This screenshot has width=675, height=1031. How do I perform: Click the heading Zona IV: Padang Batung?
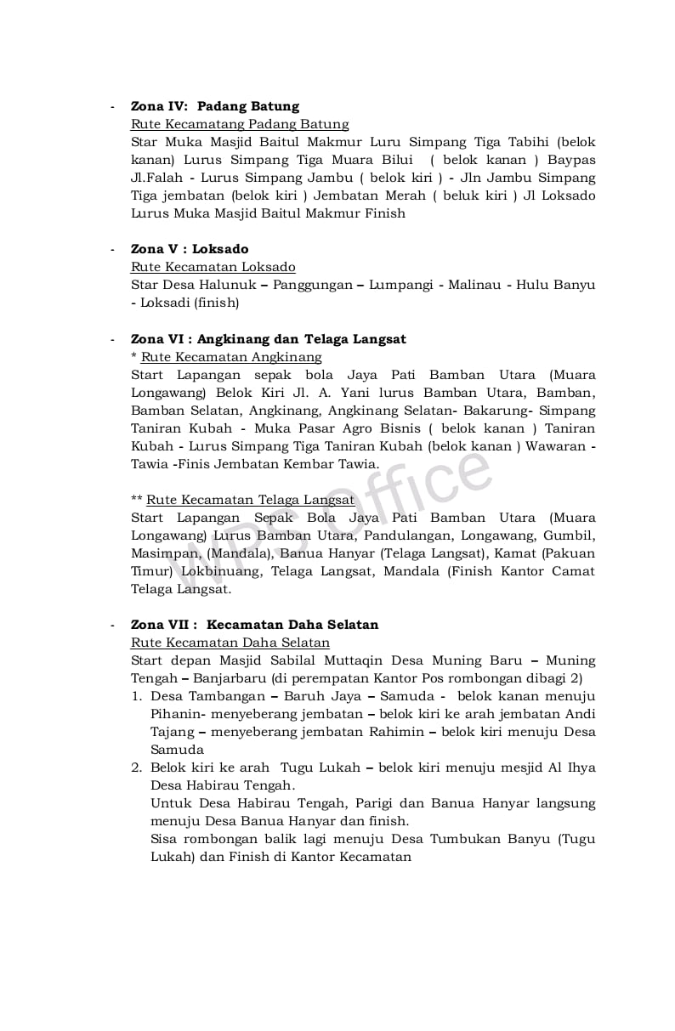tap(214, 106)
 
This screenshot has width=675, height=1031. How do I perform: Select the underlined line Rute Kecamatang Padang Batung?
tap(240, 124)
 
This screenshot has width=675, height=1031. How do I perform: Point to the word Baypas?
tap(571, 160)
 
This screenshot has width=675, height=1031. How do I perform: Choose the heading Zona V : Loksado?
tap(190, 249)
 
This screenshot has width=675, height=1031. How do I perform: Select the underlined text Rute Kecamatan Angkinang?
tap(231, 357)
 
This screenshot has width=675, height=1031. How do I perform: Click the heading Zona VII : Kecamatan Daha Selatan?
tap(254, 625)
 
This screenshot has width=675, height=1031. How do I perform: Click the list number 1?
tap(136, 696)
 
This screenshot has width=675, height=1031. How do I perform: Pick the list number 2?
tap(136, 768)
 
